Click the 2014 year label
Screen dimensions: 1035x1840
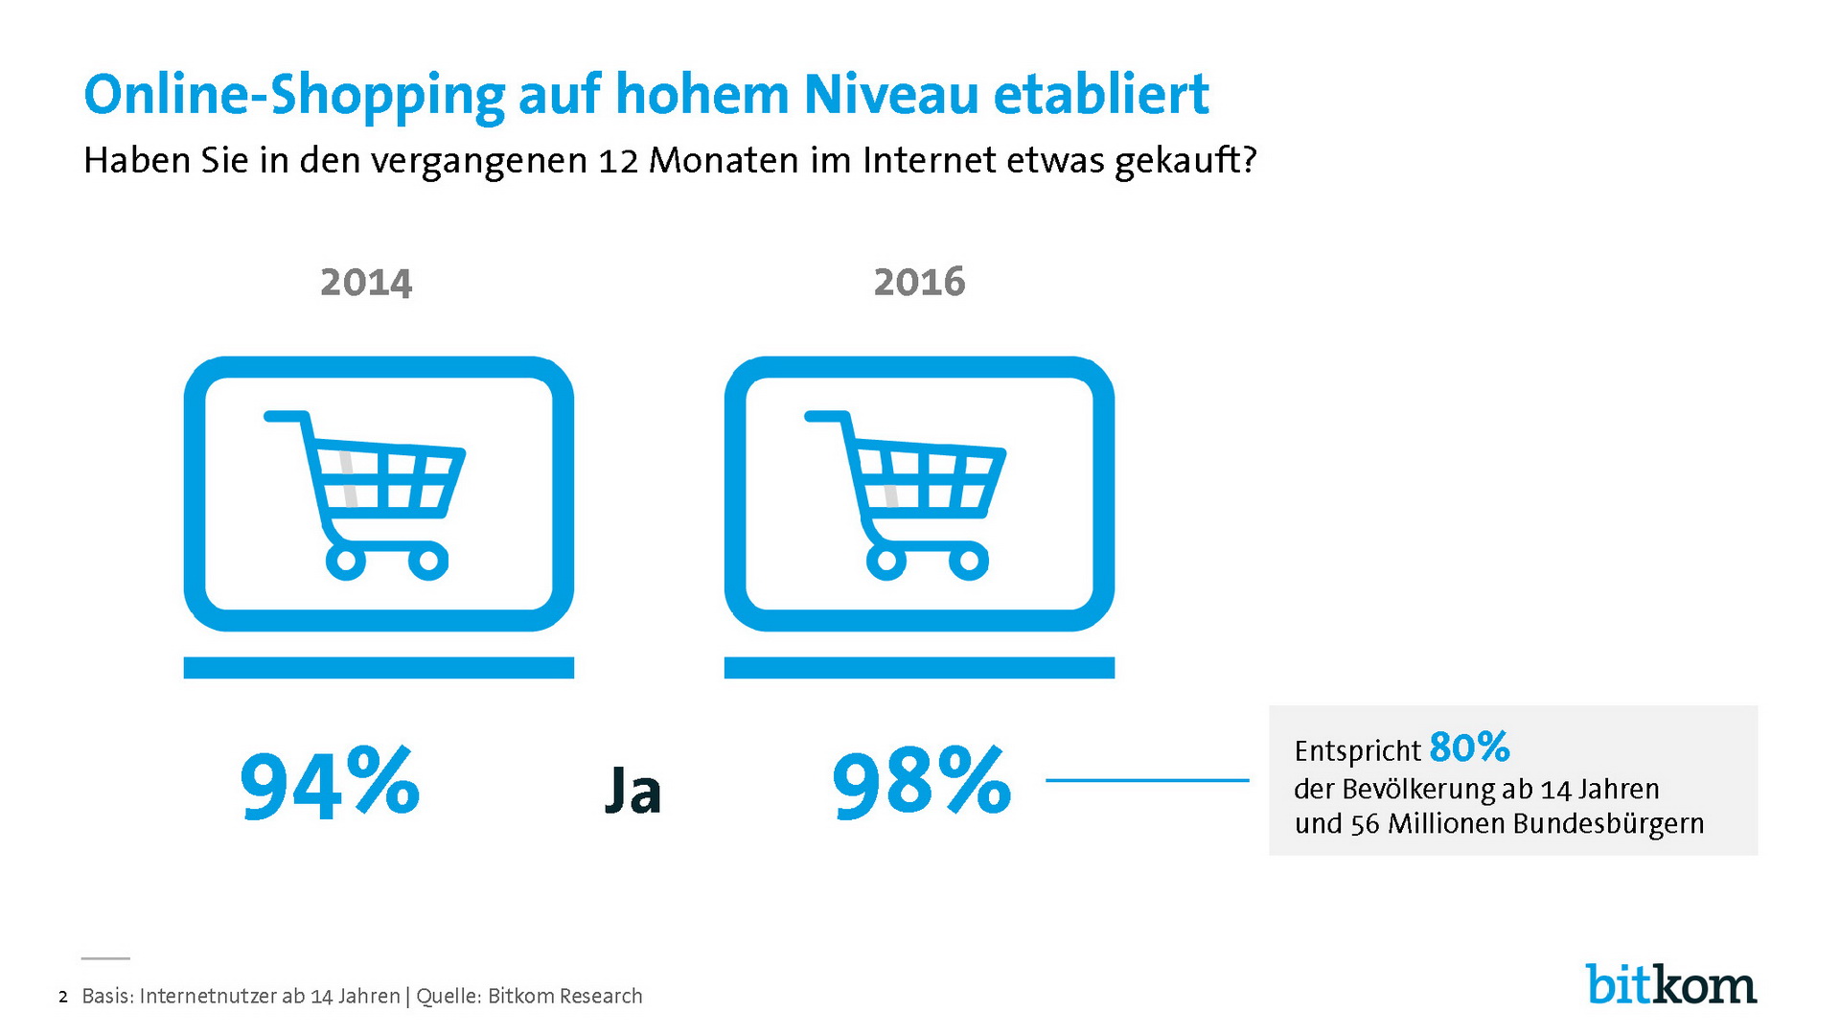(366, 282)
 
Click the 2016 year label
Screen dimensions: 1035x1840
(919, 282)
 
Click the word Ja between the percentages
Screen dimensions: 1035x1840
(633, 791)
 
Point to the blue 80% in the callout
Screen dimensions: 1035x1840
(1469, 747)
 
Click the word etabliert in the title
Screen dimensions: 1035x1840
(1101, 95)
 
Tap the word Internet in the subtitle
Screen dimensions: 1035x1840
(929, 160)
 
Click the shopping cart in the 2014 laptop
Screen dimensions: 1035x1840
(365, 494)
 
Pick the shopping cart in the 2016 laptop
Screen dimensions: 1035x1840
(906, 494)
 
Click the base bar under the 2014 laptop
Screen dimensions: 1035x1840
(379, 668)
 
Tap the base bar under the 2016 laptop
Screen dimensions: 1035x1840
(919, 668)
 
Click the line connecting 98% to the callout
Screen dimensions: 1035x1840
(1147, 780)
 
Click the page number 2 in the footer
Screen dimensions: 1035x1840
(63, 998)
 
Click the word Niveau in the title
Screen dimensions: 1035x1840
(891, 95)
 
